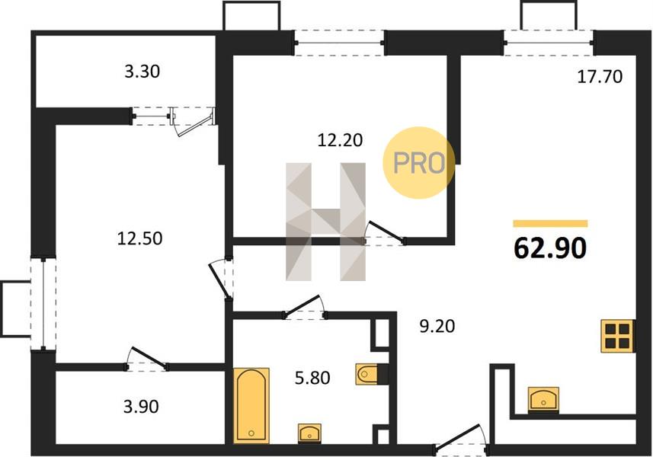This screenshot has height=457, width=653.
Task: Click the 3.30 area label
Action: [142, 72]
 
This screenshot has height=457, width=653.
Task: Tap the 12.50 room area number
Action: [139, 238]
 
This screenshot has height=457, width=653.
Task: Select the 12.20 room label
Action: [340, 140]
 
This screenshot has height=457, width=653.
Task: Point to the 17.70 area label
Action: [600, 77]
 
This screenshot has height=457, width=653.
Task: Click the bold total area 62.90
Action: [550, 248]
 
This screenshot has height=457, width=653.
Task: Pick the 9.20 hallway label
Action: [437, 326]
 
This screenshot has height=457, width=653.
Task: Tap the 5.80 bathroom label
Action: [312, 378]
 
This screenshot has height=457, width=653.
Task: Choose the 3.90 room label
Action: [141, 406]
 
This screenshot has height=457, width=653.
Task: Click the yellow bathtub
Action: [251, 405]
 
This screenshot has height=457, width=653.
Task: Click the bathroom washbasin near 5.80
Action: [309, 433]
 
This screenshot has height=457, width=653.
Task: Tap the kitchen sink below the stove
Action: [543, 398]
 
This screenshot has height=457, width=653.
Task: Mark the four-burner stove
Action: [618, 336]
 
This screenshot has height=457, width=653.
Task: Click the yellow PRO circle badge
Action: [419, 163]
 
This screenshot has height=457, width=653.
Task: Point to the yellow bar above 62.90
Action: [550, 223]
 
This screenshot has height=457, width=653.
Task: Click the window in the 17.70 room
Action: [549, 43]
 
